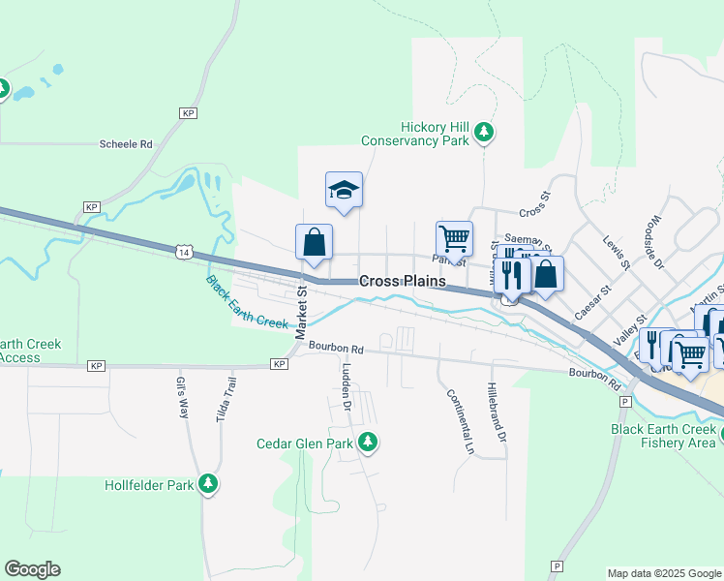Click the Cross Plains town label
pyautogui.click(x=403, y=281)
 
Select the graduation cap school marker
pyautogui.click(x=344, y=190)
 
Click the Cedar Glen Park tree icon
pyautogui.click(x=368, y=443)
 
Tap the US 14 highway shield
pyautogui.click(x=184, y=252)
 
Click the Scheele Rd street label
pyautogui.click(x=127, y=144)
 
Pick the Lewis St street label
pyautogui.click(x=616, y=252)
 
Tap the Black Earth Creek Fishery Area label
pyautogui.click(x=663, y=436)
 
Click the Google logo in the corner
pyautogui.click(x=32, y=569)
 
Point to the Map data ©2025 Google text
pyautogui.click(x=663, y=573)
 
